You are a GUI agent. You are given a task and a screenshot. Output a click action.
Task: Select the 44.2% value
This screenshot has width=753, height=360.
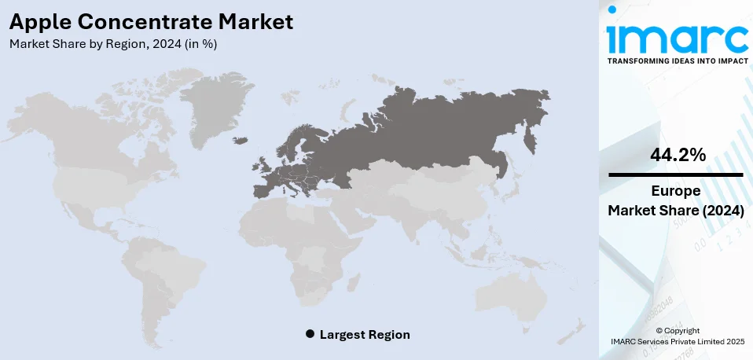point(677,156)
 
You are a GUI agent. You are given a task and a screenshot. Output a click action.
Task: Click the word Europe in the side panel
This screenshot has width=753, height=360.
point(677,192)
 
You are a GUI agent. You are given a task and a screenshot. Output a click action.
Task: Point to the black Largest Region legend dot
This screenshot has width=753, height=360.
point(310,334)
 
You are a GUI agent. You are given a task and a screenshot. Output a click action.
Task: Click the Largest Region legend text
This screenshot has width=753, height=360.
point(365,334)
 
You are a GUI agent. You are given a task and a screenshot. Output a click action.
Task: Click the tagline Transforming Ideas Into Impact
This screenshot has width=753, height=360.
point(677,60)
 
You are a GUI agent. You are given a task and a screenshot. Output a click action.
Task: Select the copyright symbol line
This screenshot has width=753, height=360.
point(677,330)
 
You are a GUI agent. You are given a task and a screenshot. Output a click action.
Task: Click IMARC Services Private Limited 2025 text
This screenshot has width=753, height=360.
point(677,341)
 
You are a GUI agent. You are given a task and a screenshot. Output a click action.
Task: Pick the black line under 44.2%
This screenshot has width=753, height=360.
point(677,174)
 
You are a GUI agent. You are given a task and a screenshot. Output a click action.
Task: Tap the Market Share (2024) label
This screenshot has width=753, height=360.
point(677,211)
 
